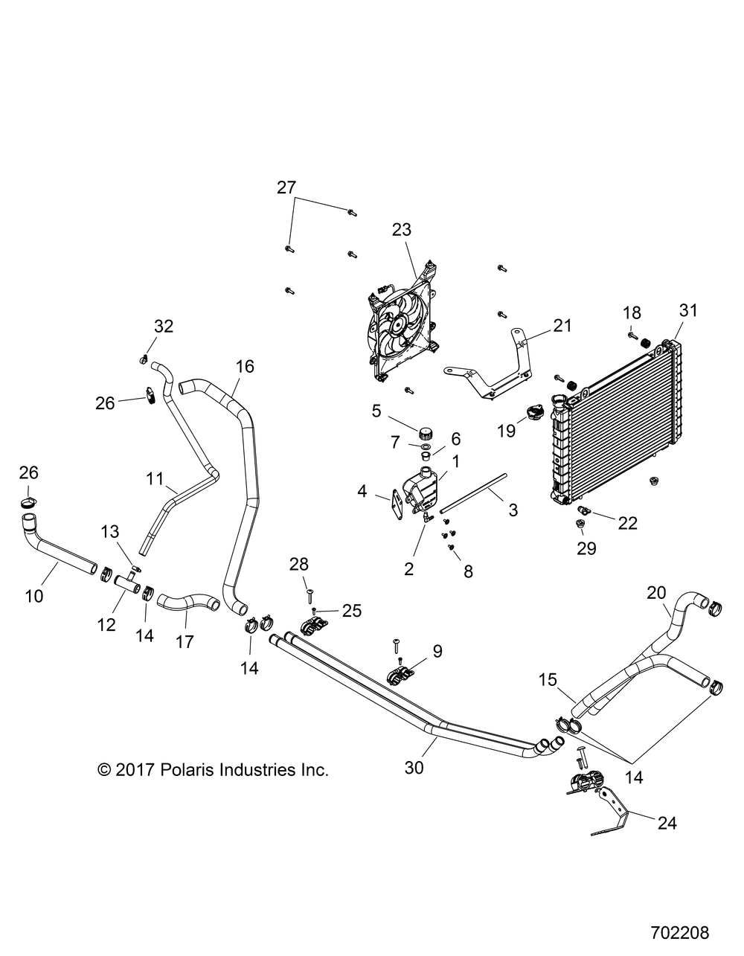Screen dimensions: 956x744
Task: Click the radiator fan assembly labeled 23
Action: [402, 328]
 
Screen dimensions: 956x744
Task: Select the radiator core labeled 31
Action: [618, 424]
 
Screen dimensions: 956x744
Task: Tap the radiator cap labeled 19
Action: [535, 411]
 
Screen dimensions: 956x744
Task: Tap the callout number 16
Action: [245, 366]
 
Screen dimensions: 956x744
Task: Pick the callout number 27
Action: [286, 187]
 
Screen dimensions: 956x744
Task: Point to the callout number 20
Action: [656, 571]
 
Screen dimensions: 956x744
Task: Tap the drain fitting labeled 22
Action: [586, 510]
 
